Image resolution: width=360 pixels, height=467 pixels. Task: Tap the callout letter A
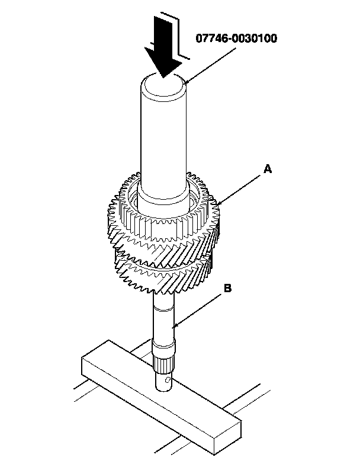tap(268, 169)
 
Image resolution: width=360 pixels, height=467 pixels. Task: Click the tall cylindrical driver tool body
tap(164, 136)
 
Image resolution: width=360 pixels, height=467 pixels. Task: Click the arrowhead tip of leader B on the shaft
tap(173, 327)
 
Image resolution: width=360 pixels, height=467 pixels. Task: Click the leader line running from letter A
tap(243, 187)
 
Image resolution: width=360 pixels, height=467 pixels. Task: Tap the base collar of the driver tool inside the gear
tap(164, 196)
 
